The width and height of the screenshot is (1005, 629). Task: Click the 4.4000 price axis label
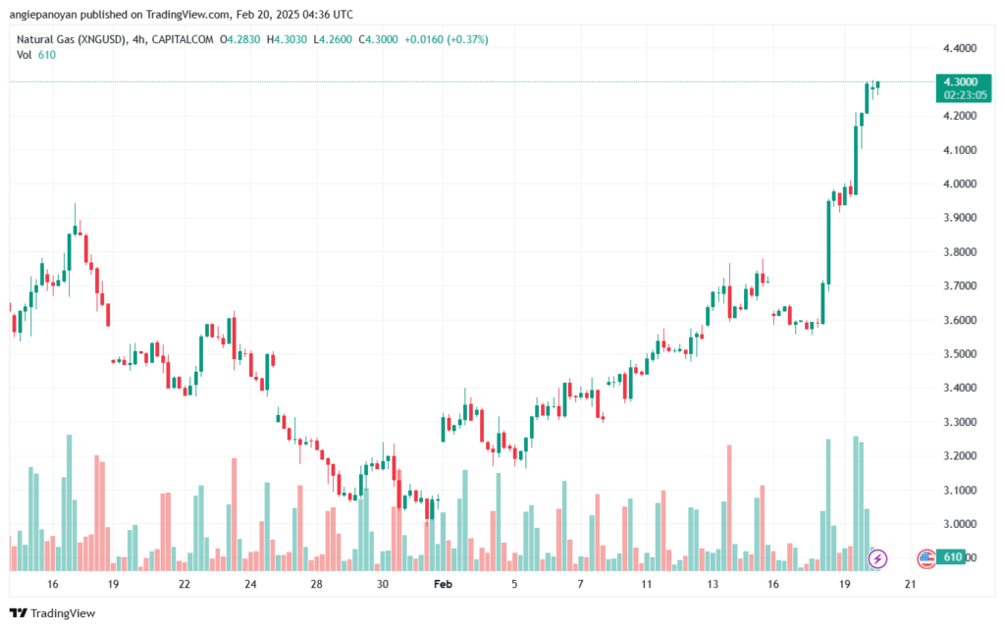[960, 48]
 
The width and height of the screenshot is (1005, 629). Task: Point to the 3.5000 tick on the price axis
[960, 353]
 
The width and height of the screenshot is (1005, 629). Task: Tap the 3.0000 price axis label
[960, 524]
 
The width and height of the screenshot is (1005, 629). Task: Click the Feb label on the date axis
[443, 584]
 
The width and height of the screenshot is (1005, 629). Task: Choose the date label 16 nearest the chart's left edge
[53, 584]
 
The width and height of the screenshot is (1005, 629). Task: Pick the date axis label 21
[910, 584]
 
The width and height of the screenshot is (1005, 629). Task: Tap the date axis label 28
[317, 584]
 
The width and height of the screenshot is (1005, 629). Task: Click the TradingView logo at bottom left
[53, 613]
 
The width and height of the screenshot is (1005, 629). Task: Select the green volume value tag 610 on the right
[950, 557]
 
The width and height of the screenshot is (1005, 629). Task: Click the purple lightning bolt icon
[877, 558]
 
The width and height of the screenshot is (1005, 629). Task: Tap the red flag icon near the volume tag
[926, 558]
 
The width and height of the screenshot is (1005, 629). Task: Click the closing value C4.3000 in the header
[378, 39]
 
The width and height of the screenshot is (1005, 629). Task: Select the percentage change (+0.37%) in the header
[467, 39]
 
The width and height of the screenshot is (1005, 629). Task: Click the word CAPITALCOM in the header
[183, 39]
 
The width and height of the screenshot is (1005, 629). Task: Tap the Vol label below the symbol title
[24, 55]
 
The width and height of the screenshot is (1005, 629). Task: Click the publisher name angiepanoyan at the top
[43, 14]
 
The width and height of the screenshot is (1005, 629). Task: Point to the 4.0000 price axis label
[960, 183]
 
